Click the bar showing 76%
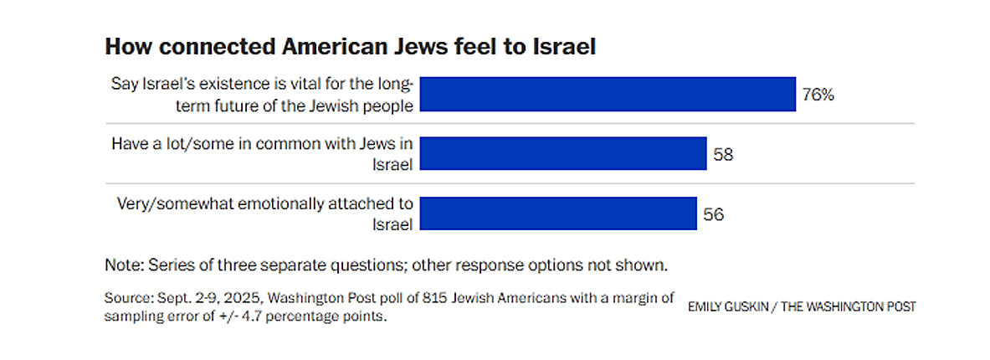click(607, 94)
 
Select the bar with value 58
click(563, 154)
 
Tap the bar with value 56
click(558, 213)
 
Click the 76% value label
click(818, 95)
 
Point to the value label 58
click(724, 154)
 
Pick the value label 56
click(713, 214)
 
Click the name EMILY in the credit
click(706, 307)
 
